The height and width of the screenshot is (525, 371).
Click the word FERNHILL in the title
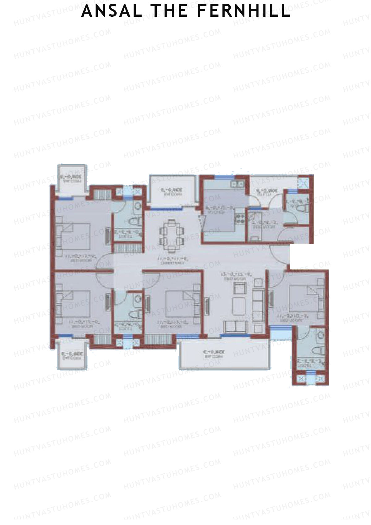(243, 11)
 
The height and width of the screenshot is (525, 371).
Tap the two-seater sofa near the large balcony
(235, 327)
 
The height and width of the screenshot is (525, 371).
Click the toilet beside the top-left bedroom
(135, 222)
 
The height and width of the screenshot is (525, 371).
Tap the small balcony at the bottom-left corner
(71, 355)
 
